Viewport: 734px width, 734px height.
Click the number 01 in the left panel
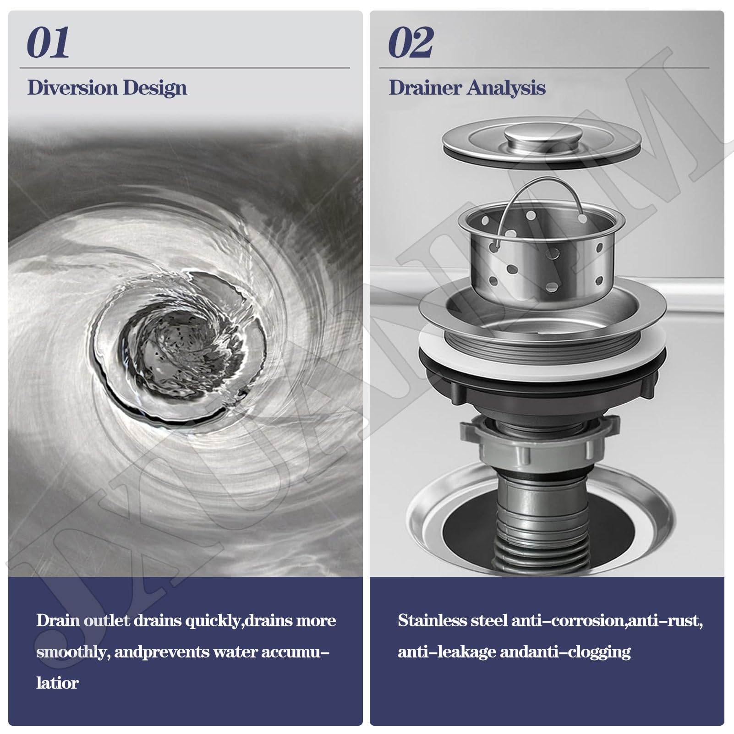click(48, 42)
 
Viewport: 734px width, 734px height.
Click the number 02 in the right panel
click(411, 42)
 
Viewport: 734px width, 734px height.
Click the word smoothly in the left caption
click(73, 652)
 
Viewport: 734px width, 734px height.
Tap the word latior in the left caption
click(57, 683)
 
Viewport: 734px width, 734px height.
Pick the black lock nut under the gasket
click(542, 383)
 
